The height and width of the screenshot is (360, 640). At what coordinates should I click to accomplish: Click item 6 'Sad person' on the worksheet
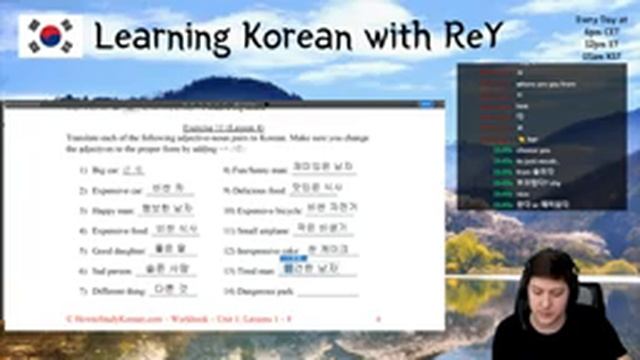point(106,270)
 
